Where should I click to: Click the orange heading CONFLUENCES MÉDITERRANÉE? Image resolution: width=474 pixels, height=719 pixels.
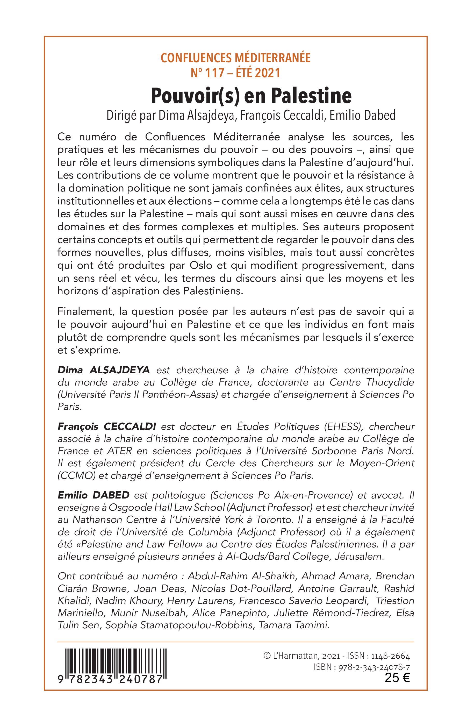235,58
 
